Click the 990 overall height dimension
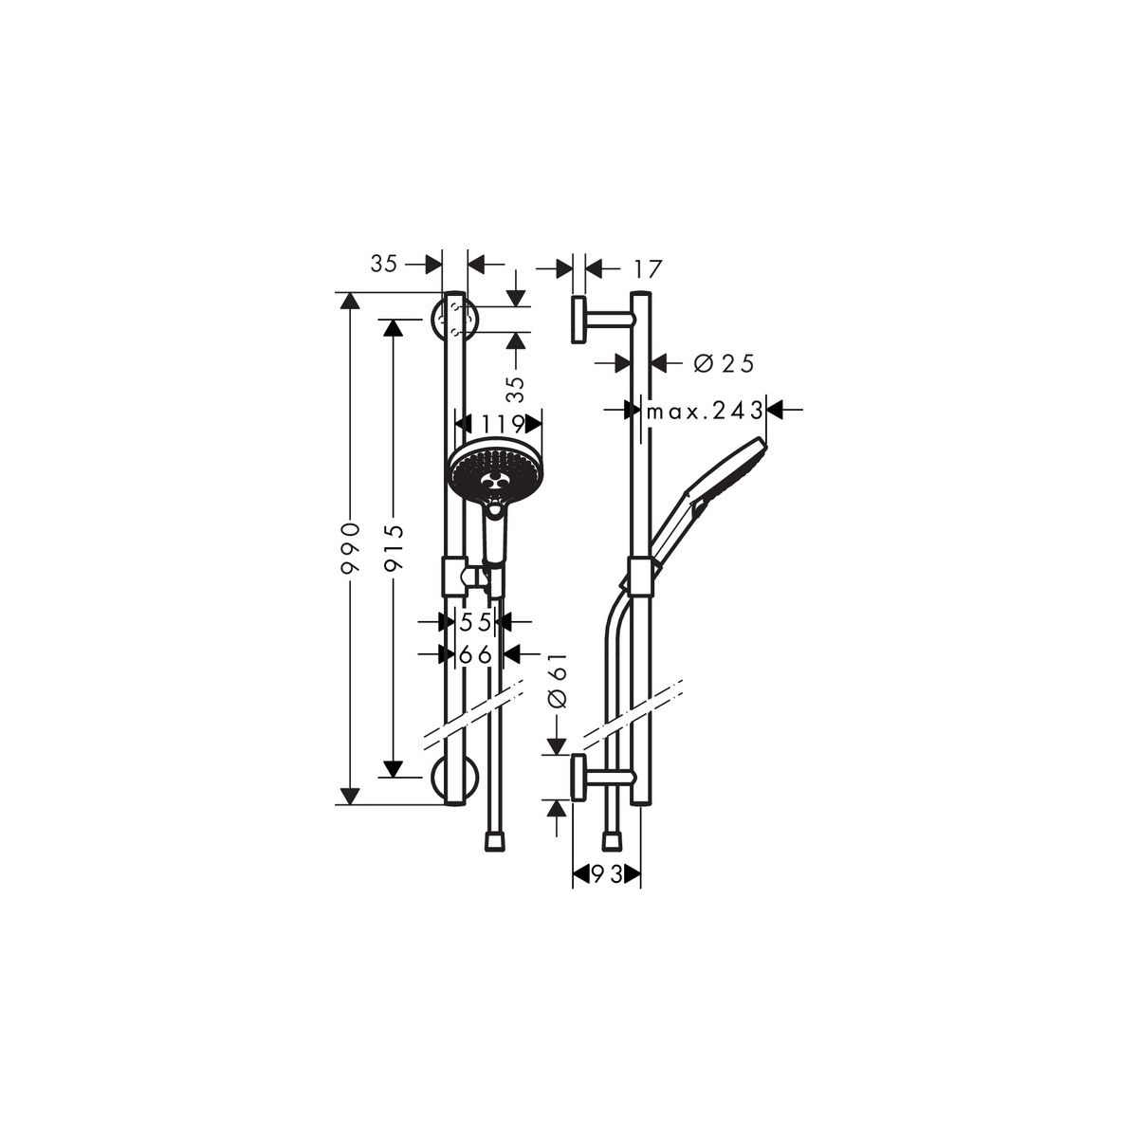click(350, 548)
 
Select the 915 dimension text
click(394, 548)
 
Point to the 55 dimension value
click(475, 622)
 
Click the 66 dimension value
click(475, 654)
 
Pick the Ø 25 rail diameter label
click(724, 364)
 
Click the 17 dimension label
click(648, 269)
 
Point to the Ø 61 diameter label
click(557, 680)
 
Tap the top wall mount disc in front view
click(454, 319)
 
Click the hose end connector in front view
click(495, 842)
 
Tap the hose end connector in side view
click(612, 842)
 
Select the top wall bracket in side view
click(603, 320)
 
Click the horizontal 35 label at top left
click(384, 264)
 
